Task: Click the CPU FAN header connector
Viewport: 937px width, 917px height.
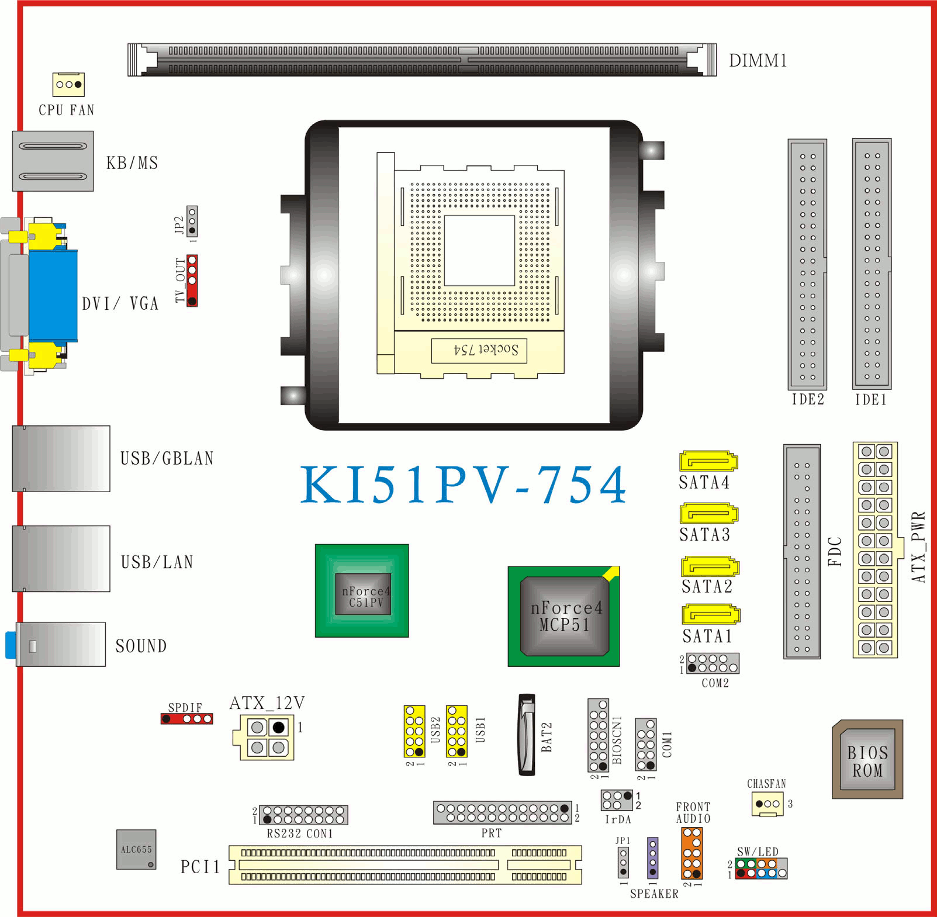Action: [68, 84]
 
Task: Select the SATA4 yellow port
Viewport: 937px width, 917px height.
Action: [708, 461]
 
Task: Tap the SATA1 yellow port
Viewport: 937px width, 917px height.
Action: [711, 614]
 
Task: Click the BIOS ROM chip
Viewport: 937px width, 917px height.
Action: [867, 759]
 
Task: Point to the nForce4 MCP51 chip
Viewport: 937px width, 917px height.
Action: [563, 617]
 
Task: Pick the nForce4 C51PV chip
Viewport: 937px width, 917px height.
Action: [362, 590]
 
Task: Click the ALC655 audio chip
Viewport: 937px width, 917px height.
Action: [136, 849]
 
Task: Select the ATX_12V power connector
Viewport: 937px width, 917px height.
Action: [267, 737]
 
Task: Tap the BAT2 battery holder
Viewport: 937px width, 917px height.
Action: [527, 735]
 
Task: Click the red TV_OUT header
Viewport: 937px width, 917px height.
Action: [192, 281]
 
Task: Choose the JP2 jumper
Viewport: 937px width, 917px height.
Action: [192, 221]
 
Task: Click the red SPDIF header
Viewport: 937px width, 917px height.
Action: [187, 719]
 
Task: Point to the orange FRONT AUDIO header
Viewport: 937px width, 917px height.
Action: [692, 853]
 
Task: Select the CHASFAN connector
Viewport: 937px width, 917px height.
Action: [767, 804]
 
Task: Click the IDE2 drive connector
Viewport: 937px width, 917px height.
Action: [807, 264]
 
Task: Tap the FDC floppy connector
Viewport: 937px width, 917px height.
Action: [802, 551]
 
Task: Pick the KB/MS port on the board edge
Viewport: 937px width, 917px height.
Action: [53, 161]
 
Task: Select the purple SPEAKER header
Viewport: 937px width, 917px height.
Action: [653, 858]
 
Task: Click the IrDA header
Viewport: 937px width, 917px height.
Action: [617, 800]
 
